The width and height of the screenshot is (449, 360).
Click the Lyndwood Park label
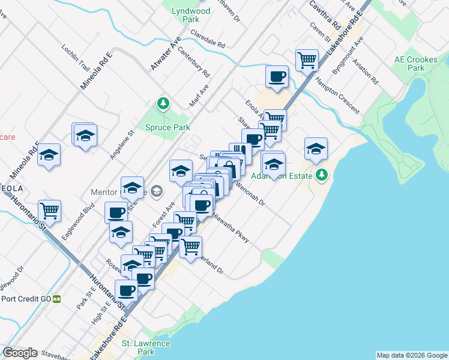[x=191, y=16]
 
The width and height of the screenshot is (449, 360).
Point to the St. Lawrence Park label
[x=146, y=348]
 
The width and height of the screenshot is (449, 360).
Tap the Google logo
[x=20, y=353]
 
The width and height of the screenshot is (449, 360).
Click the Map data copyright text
[x=411, y=355]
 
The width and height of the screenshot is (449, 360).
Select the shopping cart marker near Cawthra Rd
[x=307, y=60]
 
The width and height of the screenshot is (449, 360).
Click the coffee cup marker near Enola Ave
[x=277, y=77]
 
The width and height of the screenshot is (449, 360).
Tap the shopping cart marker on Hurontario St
[x=49, y=211]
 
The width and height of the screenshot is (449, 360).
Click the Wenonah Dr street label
[x=252, y=193]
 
